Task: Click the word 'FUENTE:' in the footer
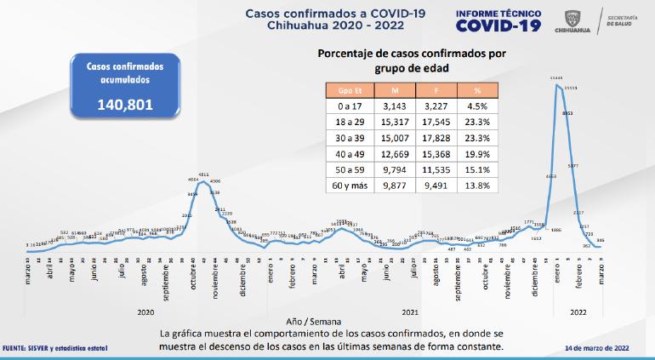click(17, 348)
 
